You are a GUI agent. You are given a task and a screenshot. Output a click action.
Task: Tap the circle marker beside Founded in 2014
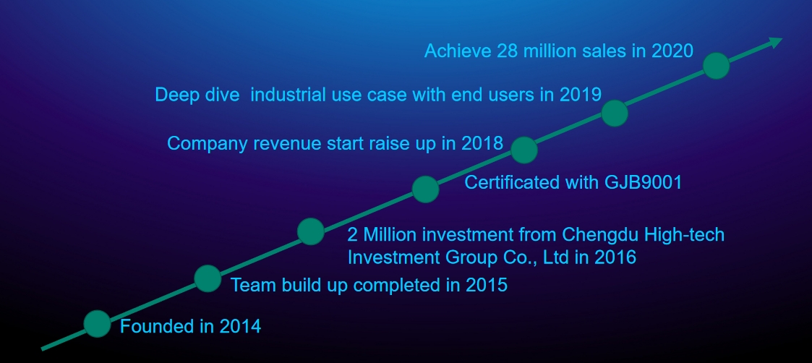click(98, 324)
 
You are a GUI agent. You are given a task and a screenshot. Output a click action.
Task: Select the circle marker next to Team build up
click(208, 278)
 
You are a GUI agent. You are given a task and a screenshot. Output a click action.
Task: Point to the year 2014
click(240, 327)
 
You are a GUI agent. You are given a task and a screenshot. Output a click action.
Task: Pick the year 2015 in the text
click(487, 285)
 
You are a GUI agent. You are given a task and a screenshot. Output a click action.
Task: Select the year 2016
click(615, 257)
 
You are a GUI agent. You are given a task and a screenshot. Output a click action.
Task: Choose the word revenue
click(287, 143)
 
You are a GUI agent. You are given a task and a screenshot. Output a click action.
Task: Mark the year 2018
click(482, 143)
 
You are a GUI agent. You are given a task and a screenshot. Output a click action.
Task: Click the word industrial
click(289, 95)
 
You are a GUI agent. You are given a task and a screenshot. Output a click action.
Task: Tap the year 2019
click(581, 95)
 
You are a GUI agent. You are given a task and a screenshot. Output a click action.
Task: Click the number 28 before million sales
click(505, 51)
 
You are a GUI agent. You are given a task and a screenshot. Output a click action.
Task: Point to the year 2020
click(672, 51)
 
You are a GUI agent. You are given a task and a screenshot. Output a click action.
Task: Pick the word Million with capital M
click(390, 235)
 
